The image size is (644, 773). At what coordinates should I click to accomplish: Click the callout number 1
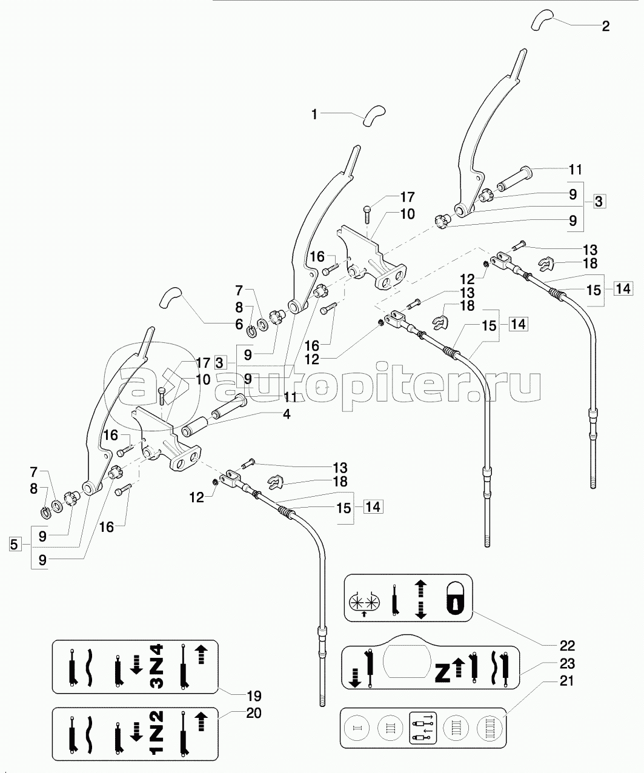(x=314, y=114)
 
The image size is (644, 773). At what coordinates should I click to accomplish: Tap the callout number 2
(x=605, y=26)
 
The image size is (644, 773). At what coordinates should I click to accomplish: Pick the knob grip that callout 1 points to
(x=374, y=116)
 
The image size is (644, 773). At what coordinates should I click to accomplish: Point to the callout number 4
(x=287, y=414)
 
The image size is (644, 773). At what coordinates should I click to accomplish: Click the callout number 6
(x=239, y=324)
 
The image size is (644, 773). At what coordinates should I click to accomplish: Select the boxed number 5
(x=14, y=545)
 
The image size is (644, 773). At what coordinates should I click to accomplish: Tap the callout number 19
(x=254, y=696)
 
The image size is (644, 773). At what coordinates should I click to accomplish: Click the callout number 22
(x=567, y=645)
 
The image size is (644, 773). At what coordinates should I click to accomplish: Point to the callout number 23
(x=567, y=663)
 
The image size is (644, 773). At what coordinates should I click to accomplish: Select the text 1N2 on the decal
(x=158, y=734)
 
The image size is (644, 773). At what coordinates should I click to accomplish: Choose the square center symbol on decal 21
(x=423, y=728)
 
